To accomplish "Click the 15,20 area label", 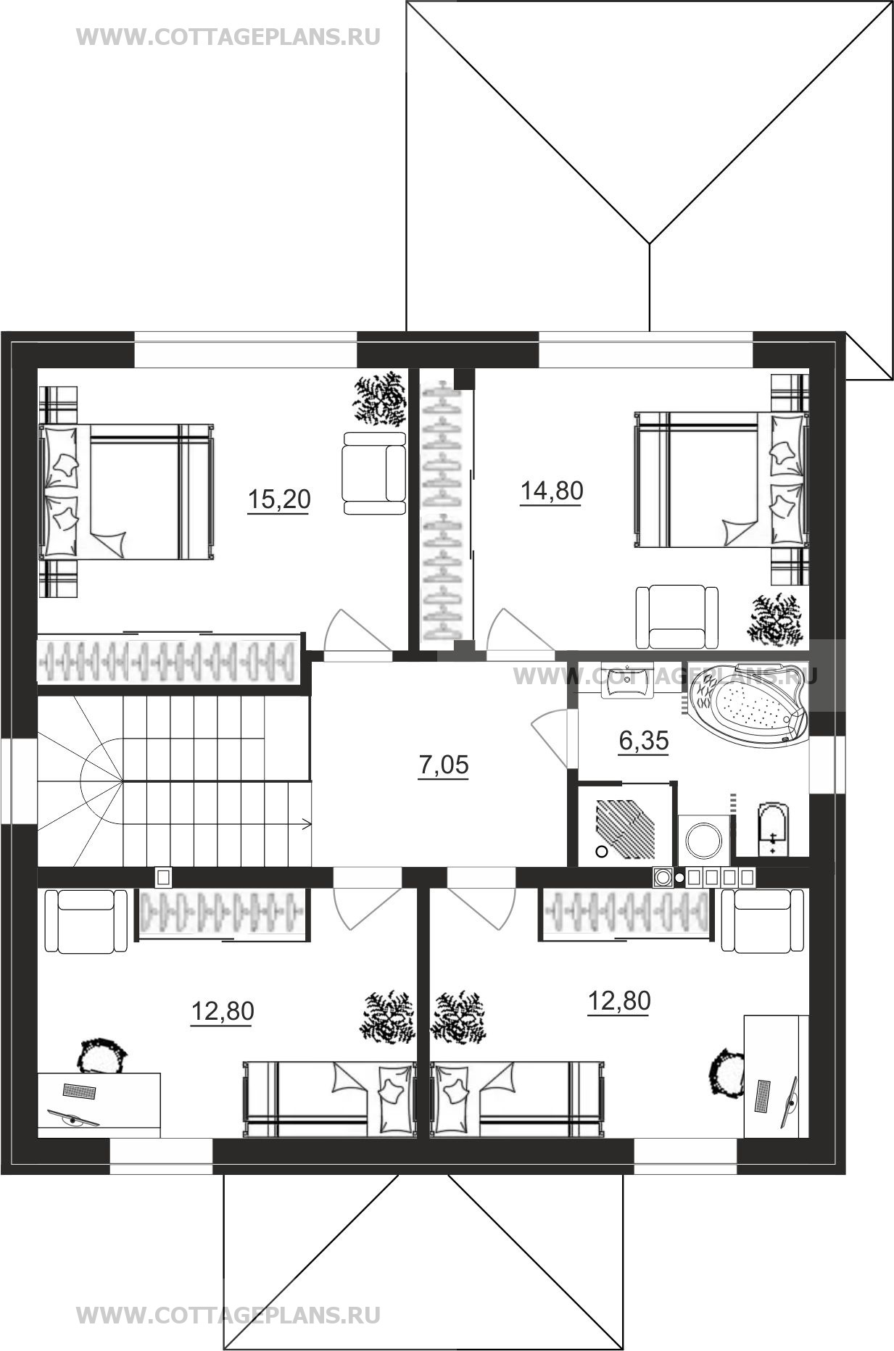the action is (x=279, y=499).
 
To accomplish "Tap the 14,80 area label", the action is (x=552, y=491).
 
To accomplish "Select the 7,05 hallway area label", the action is (x=444, y=765).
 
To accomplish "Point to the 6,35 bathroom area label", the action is (x=643, y=741).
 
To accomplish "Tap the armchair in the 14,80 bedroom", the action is (x=677, y=617).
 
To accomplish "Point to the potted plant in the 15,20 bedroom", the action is (x=379, y=399).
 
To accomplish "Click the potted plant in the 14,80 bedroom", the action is (x=777, y=618).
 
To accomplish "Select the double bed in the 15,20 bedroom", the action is (x=127, y=492).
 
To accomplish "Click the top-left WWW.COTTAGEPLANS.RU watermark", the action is (x=228, y=37).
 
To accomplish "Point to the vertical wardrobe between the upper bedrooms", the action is (x=442, y=511).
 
